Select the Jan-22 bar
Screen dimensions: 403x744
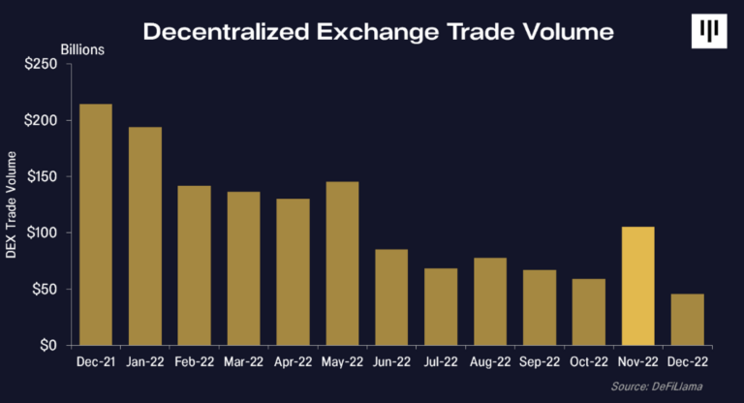point(144,236)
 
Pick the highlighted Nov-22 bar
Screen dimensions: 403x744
point(637,286)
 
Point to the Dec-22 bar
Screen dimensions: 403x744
point(687,320)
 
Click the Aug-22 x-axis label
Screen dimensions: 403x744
point(490,361)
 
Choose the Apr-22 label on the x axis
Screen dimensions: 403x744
point(293,361)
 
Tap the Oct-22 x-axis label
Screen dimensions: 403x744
point(589,361)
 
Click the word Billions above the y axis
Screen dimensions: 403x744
point(82,48)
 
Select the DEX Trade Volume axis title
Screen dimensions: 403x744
point(12,203)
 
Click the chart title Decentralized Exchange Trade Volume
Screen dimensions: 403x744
point(378,31)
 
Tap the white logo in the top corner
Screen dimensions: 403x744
point(708,31)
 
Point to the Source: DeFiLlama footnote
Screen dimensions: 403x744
point(673,387)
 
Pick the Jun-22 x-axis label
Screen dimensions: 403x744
point(391,361)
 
